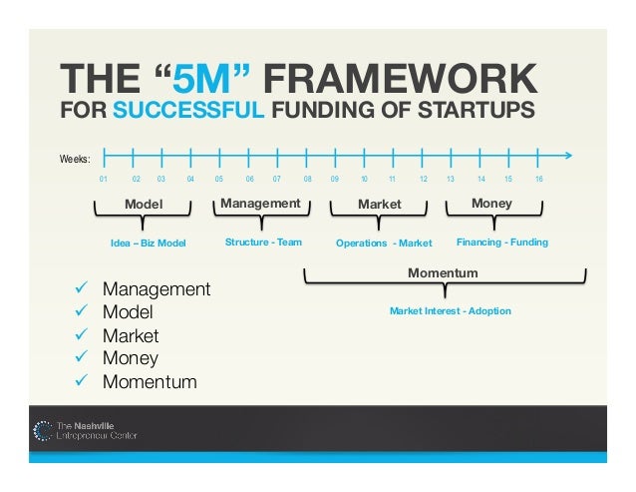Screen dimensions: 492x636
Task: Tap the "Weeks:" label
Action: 76,159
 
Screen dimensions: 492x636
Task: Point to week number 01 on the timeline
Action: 103,180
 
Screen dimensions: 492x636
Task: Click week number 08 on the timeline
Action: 308,180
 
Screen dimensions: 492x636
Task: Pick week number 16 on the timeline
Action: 539,180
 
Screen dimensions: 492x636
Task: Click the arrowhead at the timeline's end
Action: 569,156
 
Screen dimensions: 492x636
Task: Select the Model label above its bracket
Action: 143,205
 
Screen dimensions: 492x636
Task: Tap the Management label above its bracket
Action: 260,204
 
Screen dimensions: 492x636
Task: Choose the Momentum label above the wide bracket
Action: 444,272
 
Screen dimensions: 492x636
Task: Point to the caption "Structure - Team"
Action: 263,242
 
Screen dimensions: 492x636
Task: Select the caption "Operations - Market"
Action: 384,243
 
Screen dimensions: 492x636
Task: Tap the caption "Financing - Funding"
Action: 502,242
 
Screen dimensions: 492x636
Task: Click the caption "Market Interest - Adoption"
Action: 450,311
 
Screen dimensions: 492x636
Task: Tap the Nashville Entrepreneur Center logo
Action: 86,430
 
